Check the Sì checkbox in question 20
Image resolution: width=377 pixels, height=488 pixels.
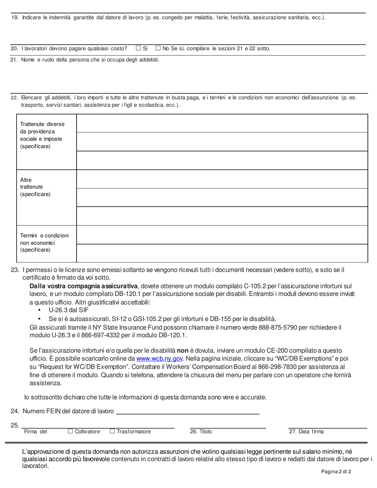coord(138,48)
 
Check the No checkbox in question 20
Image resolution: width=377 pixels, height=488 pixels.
coord(158,48)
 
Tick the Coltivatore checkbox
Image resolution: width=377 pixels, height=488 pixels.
coord(70,431)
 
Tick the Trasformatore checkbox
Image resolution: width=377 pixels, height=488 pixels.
coord(112,431)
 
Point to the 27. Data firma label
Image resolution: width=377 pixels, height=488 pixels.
coord(306,431)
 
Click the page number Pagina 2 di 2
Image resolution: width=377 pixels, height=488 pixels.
coord(337,472)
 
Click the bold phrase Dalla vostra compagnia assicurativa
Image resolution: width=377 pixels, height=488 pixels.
coord(84,286)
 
